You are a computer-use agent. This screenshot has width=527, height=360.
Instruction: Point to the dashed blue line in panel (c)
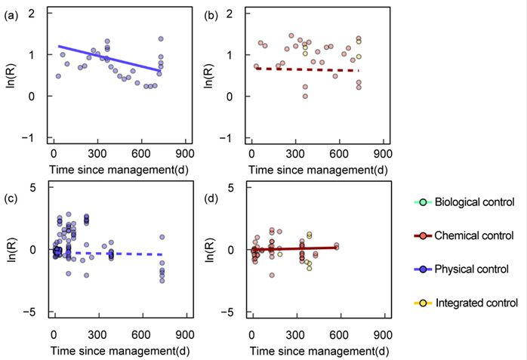point(113,254)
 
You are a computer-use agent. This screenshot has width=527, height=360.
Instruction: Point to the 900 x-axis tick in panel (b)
point(384,152)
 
